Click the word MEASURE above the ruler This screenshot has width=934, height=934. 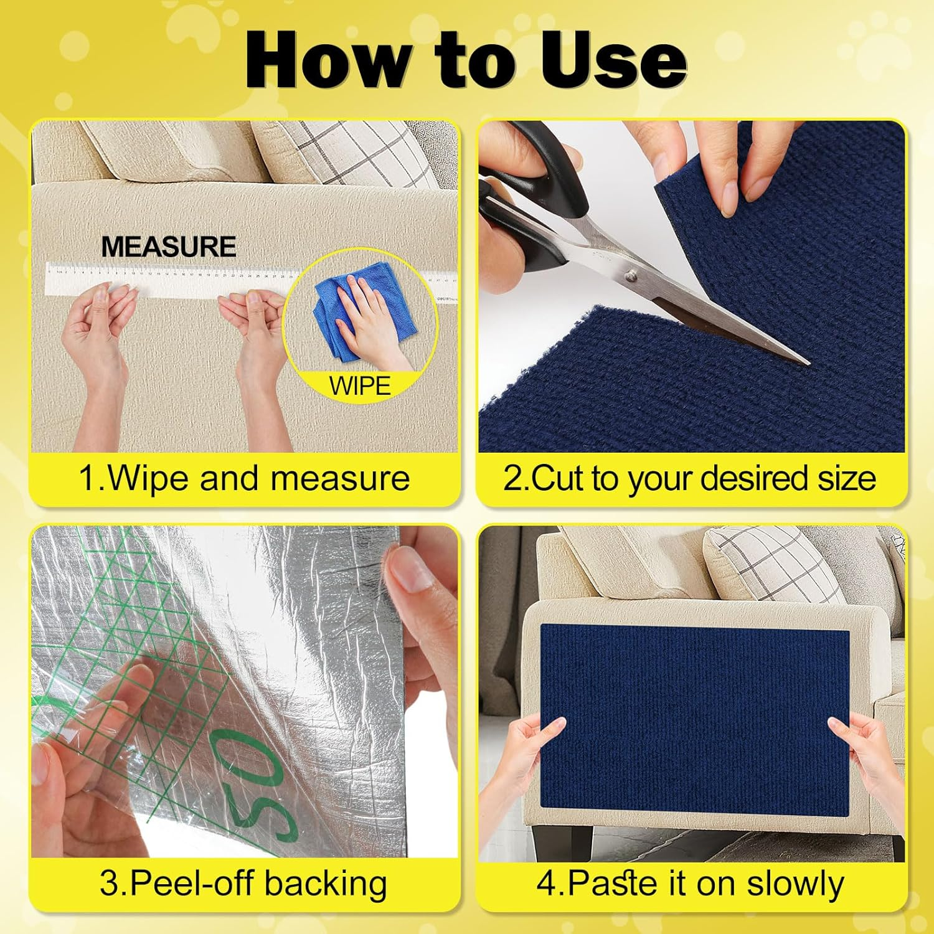169,247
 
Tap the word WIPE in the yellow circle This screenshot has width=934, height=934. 360,386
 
